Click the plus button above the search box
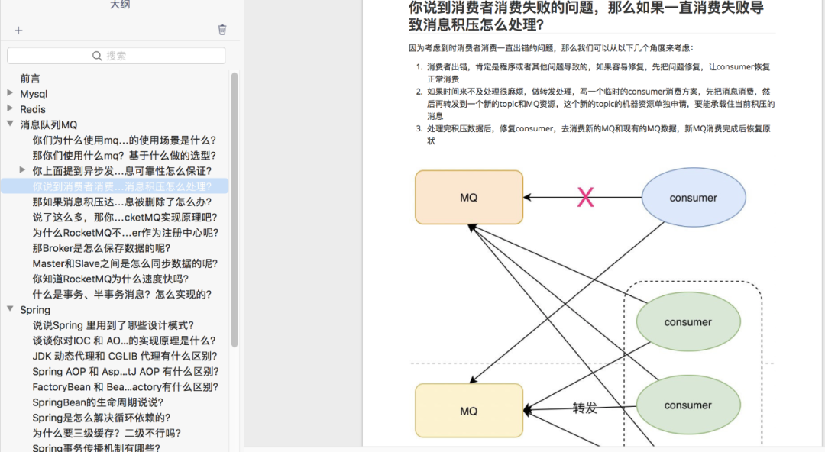pos(18,31)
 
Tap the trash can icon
pos(222,30)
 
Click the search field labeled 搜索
pos(116,56)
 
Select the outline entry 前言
pos(30,79)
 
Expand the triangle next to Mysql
pos(10,93)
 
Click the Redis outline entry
pos(33,109)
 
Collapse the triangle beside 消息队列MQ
pos(10,124)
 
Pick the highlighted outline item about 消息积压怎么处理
pos(122,186)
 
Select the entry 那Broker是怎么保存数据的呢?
pos(101,248)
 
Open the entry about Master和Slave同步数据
pos(125,263)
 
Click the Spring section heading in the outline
pos(35,310)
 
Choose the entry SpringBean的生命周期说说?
pos(98,402)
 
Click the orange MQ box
pos(469,197)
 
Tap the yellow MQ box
pos(469,411)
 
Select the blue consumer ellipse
pos(694,197)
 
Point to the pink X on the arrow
pos(586,197)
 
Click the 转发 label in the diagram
pos(584,408)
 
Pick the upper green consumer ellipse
pos(688,322)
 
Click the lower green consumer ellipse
pos(688,405)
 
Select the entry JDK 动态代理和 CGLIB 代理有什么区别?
pos(125,357)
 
